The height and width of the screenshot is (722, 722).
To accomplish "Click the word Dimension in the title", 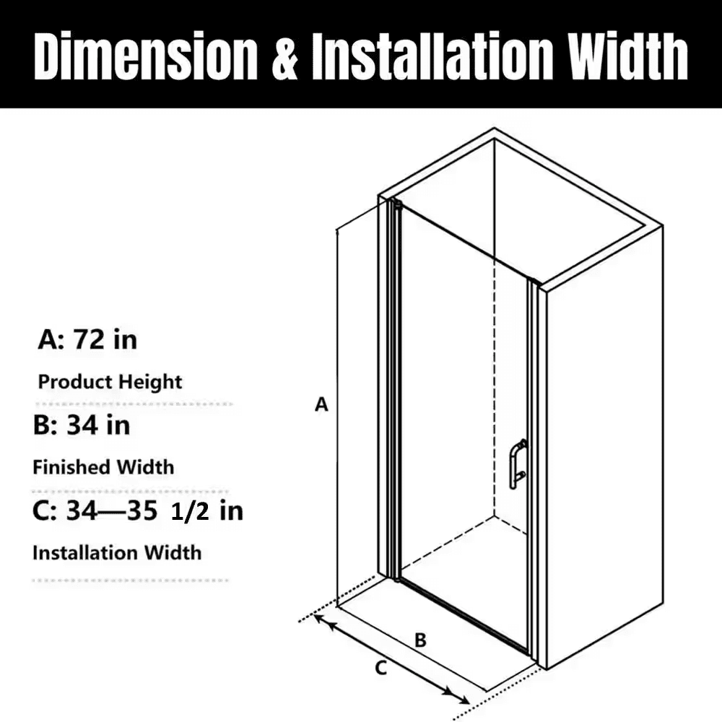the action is click(146, 56).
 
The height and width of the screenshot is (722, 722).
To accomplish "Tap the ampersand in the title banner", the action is click(284, 57).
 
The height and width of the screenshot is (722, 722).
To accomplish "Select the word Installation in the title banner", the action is click(432, 56).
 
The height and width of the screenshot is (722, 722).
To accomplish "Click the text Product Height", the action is click(110, 382).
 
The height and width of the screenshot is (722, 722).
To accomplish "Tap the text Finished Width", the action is click(103, 467).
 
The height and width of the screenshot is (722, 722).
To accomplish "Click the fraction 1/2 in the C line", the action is click(190, 513).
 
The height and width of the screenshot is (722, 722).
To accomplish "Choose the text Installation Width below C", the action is click(117, 552).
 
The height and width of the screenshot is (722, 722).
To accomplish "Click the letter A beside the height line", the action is click(321, 404).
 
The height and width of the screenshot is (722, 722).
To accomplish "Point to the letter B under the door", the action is click(420, 640).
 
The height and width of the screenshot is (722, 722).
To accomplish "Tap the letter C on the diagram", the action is click(380, 668).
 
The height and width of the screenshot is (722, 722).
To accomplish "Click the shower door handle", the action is click(518, 464).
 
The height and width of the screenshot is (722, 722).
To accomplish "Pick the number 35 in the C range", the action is click(142, 510).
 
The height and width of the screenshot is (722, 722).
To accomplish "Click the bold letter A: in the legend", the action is click(51, 340).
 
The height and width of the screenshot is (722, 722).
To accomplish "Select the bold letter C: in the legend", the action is click(45, 510).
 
